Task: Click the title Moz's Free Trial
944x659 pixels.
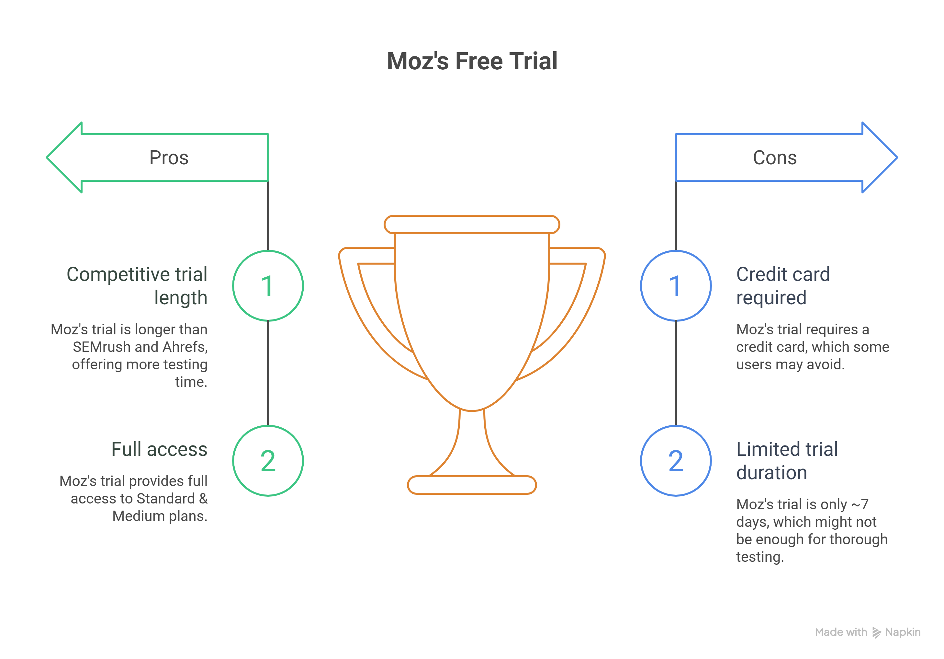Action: pos(472,61)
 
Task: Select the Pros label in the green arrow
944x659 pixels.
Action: pos(169,157)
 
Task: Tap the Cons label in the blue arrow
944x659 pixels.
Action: pos(775,157)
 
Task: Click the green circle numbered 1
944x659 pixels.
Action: pos(268,285)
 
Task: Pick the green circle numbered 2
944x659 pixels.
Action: pos(268,460)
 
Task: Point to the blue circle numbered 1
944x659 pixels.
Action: pos(676,285)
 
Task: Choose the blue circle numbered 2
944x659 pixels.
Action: pos(676,460)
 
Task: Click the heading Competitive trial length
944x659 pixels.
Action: pos(137,285)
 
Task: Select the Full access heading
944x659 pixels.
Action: pos(159,449)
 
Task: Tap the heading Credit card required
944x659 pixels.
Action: pos(782,285)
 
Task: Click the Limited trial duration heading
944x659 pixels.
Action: pos(787,460)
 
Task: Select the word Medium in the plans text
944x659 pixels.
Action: pos(138,516)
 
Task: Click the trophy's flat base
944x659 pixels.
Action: pos(472,485)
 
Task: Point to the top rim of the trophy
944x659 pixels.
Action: pos(472,225)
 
